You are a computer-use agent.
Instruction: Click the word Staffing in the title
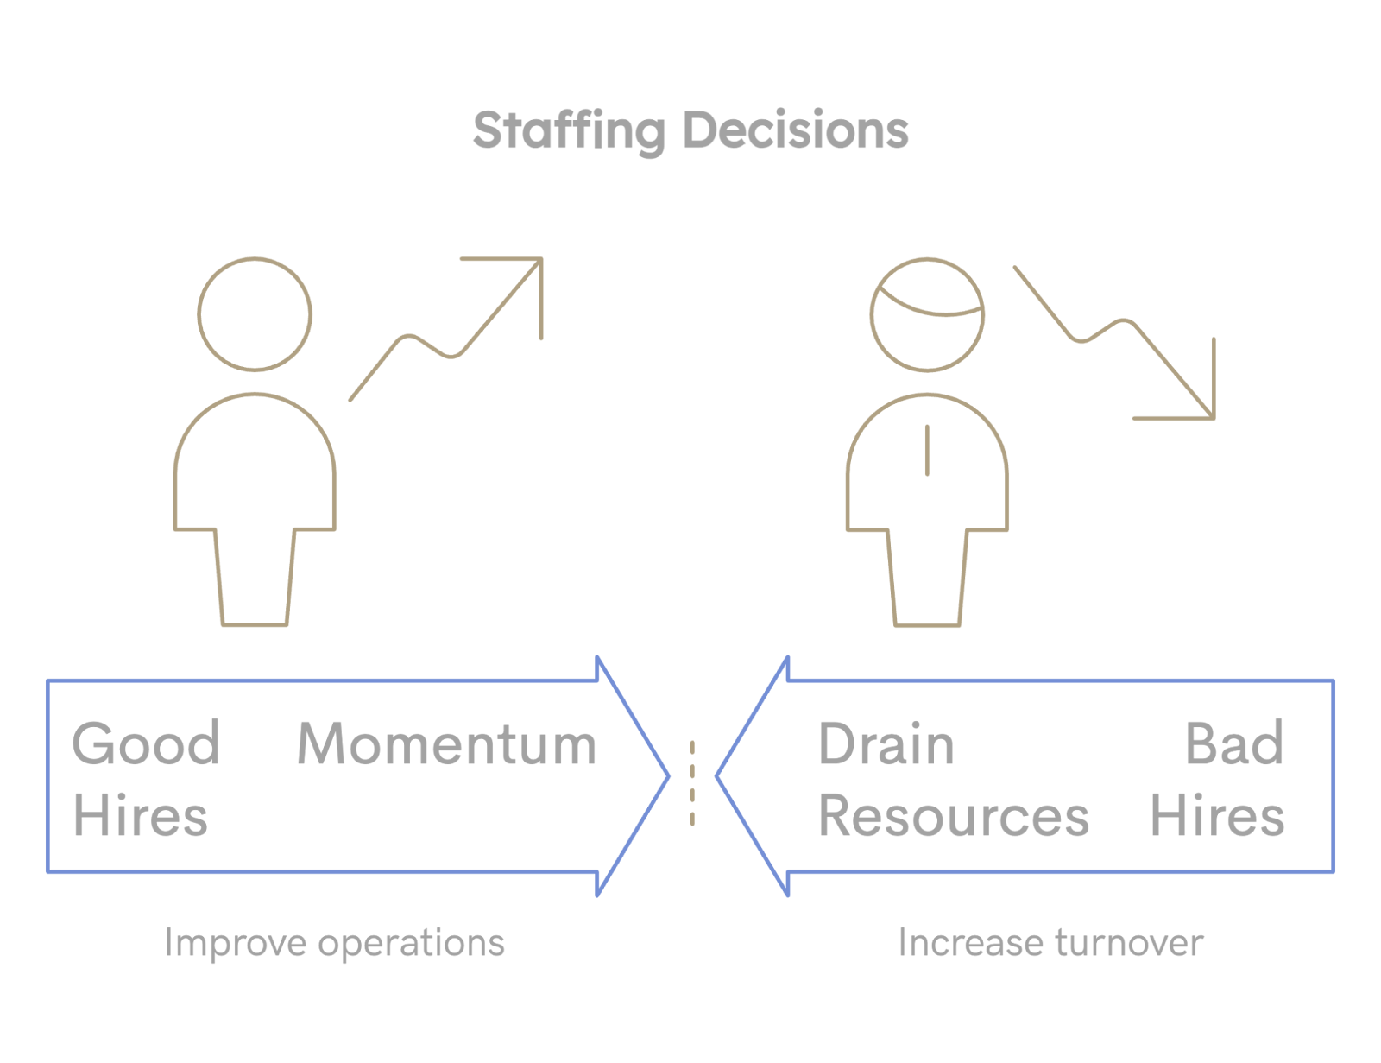[569, 131]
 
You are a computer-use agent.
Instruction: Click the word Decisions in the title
[795, 131]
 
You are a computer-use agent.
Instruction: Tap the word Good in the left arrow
[146, 743]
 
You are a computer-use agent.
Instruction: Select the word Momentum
[446, 743]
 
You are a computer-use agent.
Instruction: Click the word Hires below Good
[140, 816]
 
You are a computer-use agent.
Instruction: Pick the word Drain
[886, 743]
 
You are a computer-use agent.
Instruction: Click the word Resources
[953, 816]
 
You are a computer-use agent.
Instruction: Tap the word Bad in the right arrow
[1234, 743]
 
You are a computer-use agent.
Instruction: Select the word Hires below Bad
[1217, 816]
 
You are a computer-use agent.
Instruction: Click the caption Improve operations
[334, 943]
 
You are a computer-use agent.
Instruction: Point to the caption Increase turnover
[1050, 943]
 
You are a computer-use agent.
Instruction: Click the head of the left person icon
[255, 314]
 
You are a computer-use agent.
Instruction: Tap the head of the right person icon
[927, 314]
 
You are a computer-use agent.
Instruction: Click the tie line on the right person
[927, 449]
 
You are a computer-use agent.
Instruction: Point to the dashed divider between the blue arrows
[692, 782]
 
